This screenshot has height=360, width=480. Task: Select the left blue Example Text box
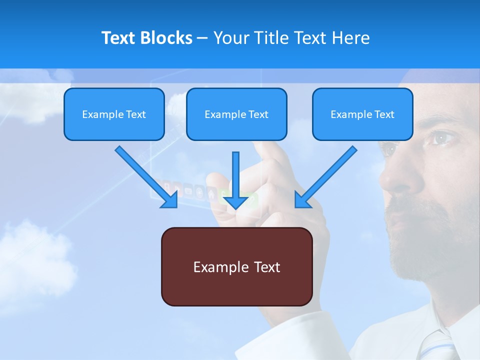click(x=114, y=114)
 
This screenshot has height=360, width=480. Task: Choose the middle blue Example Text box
click(x=236, y=114)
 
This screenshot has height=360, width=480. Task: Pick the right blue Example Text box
click(x=362, y=114)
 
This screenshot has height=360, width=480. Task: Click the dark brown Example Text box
click(x=236, y=266)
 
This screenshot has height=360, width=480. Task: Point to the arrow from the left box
click(x=146, y=176)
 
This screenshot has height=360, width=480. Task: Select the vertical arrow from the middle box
click(x=235, y=180)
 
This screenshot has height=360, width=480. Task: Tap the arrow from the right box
click(x=325, y=176)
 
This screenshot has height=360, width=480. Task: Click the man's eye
click(x=441, y=137)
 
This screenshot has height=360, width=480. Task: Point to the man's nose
click(x=400, y=175)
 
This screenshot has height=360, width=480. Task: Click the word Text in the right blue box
click(x=384, y=114)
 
